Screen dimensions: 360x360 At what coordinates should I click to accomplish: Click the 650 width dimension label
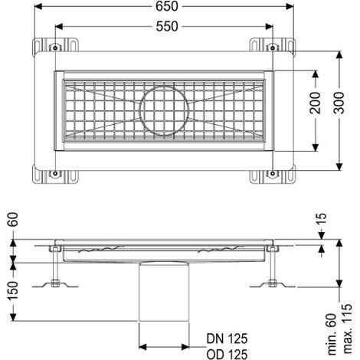click(x=167, y=7)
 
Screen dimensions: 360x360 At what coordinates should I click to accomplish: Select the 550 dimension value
click(x=167, y=26)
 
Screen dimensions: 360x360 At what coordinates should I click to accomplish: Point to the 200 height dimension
click(x=315, y=103)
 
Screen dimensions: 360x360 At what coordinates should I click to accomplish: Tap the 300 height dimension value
click(x=339, y=103)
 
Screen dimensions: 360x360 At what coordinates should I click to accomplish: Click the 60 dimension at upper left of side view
click(x=14, y=219)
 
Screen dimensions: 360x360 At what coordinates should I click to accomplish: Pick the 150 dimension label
click(x=14, y=290)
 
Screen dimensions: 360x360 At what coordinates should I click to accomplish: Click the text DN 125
click(x=227, y=339)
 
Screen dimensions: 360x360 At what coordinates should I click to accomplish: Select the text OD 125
click(x=227, y=354)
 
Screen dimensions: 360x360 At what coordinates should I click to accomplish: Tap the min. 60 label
click(x=332, y=334)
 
